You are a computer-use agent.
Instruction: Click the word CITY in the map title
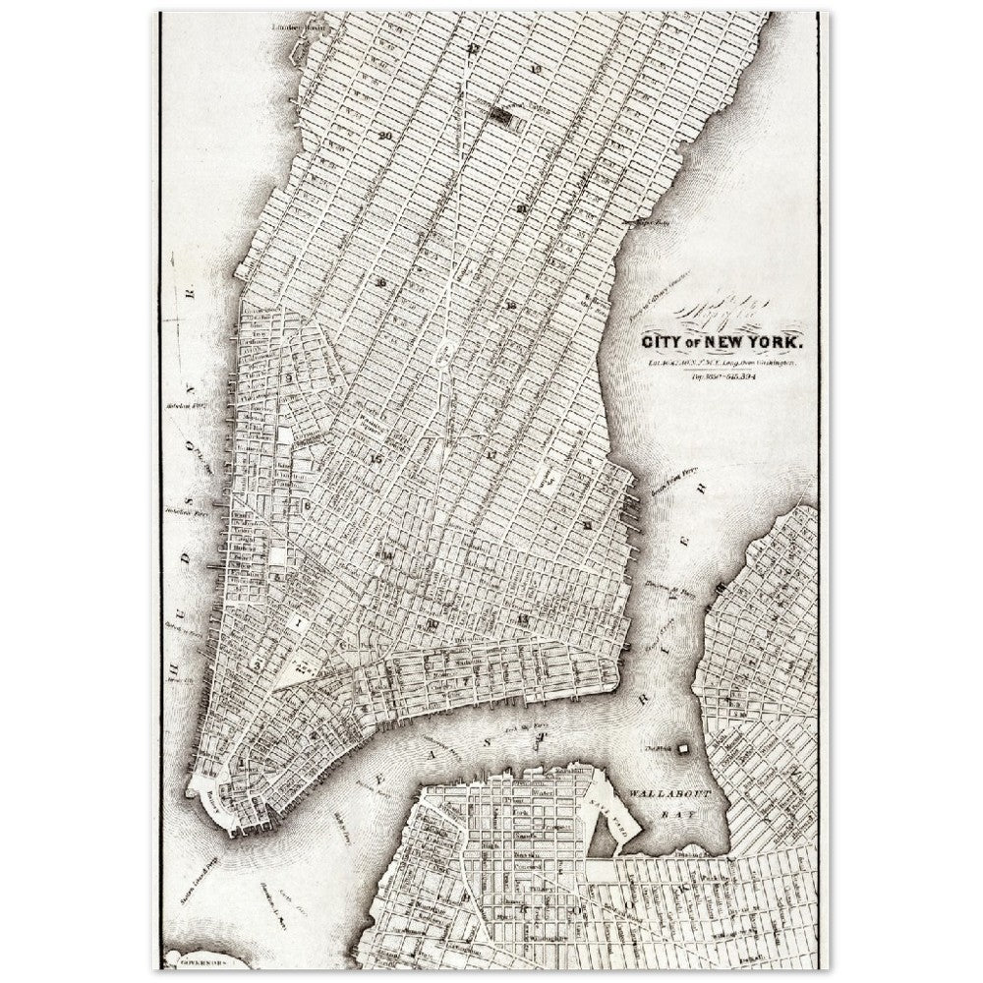[665, 343]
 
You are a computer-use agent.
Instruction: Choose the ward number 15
[374, 457]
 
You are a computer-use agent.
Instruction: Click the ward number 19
[535, 69]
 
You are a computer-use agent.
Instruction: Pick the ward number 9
[290, 376]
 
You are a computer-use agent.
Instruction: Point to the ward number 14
[388, 555]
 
